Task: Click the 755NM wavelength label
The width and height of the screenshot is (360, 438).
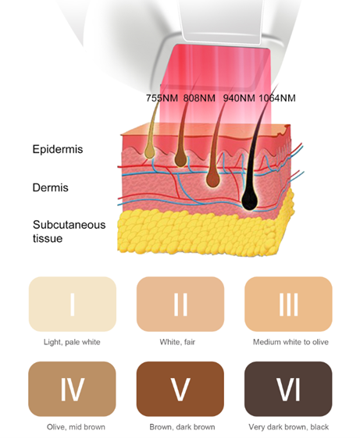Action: pyautogui.click(x=162, y=98)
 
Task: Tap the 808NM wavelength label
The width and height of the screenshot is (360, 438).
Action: pyautogui.click(x=199, y=98)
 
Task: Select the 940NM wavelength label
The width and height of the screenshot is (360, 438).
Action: pyautogui.click(x=239, y=98)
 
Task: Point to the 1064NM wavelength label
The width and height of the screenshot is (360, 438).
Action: pyautogui.click(x=277, y=98)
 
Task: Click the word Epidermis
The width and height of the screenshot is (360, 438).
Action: pyautogui.click(x=58, y=149)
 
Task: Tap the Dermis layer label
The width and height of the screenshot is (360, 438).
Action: pyautogui.click(x=50, y=187)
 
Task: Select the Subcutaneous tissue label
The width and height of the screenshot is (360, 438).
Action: pyautogui.click(x=69, y=232)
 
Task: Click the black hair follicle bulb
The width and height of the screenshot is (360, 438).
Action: pyautogui.click(x=250, y=200)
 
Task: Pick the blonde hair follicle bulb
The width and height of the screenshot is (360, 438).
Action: pyautogui.click(x=149, y=151)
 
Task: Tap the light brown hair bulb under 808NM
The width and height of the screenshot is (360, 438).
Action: pyautogui.click(x=180, y=160)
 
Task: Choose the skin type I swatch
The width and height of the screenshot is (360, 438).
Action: pyautogui.click(x=73, y=304)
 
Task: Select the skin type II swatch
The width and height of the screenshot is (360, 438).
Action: pyautogui.click(x=180, y=304)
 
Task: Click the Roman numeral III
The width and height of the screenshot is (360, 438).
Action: pyautogui.click(x=288, y=304)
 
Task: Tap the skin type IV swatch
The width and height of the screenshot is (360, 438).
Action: pyautogui.click(x=72, y=389)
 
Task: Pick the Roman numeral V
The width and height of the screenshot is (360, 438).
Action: pyautogui.click(x=180, y=389)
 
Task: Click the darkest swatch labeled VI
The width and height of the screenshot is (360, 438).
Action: pyautogui.click(x=288, y=389)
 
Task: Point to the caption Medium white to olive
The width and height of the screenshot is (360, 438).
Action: pyautogui.click(x=290, y=342)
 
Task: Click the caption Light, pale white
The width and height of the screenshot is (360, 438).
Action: pyautogui.click(x=72, y=342)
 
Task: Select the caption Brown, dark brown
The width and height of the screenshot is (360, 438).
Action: pyautogui.click(x=182, y=427)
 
